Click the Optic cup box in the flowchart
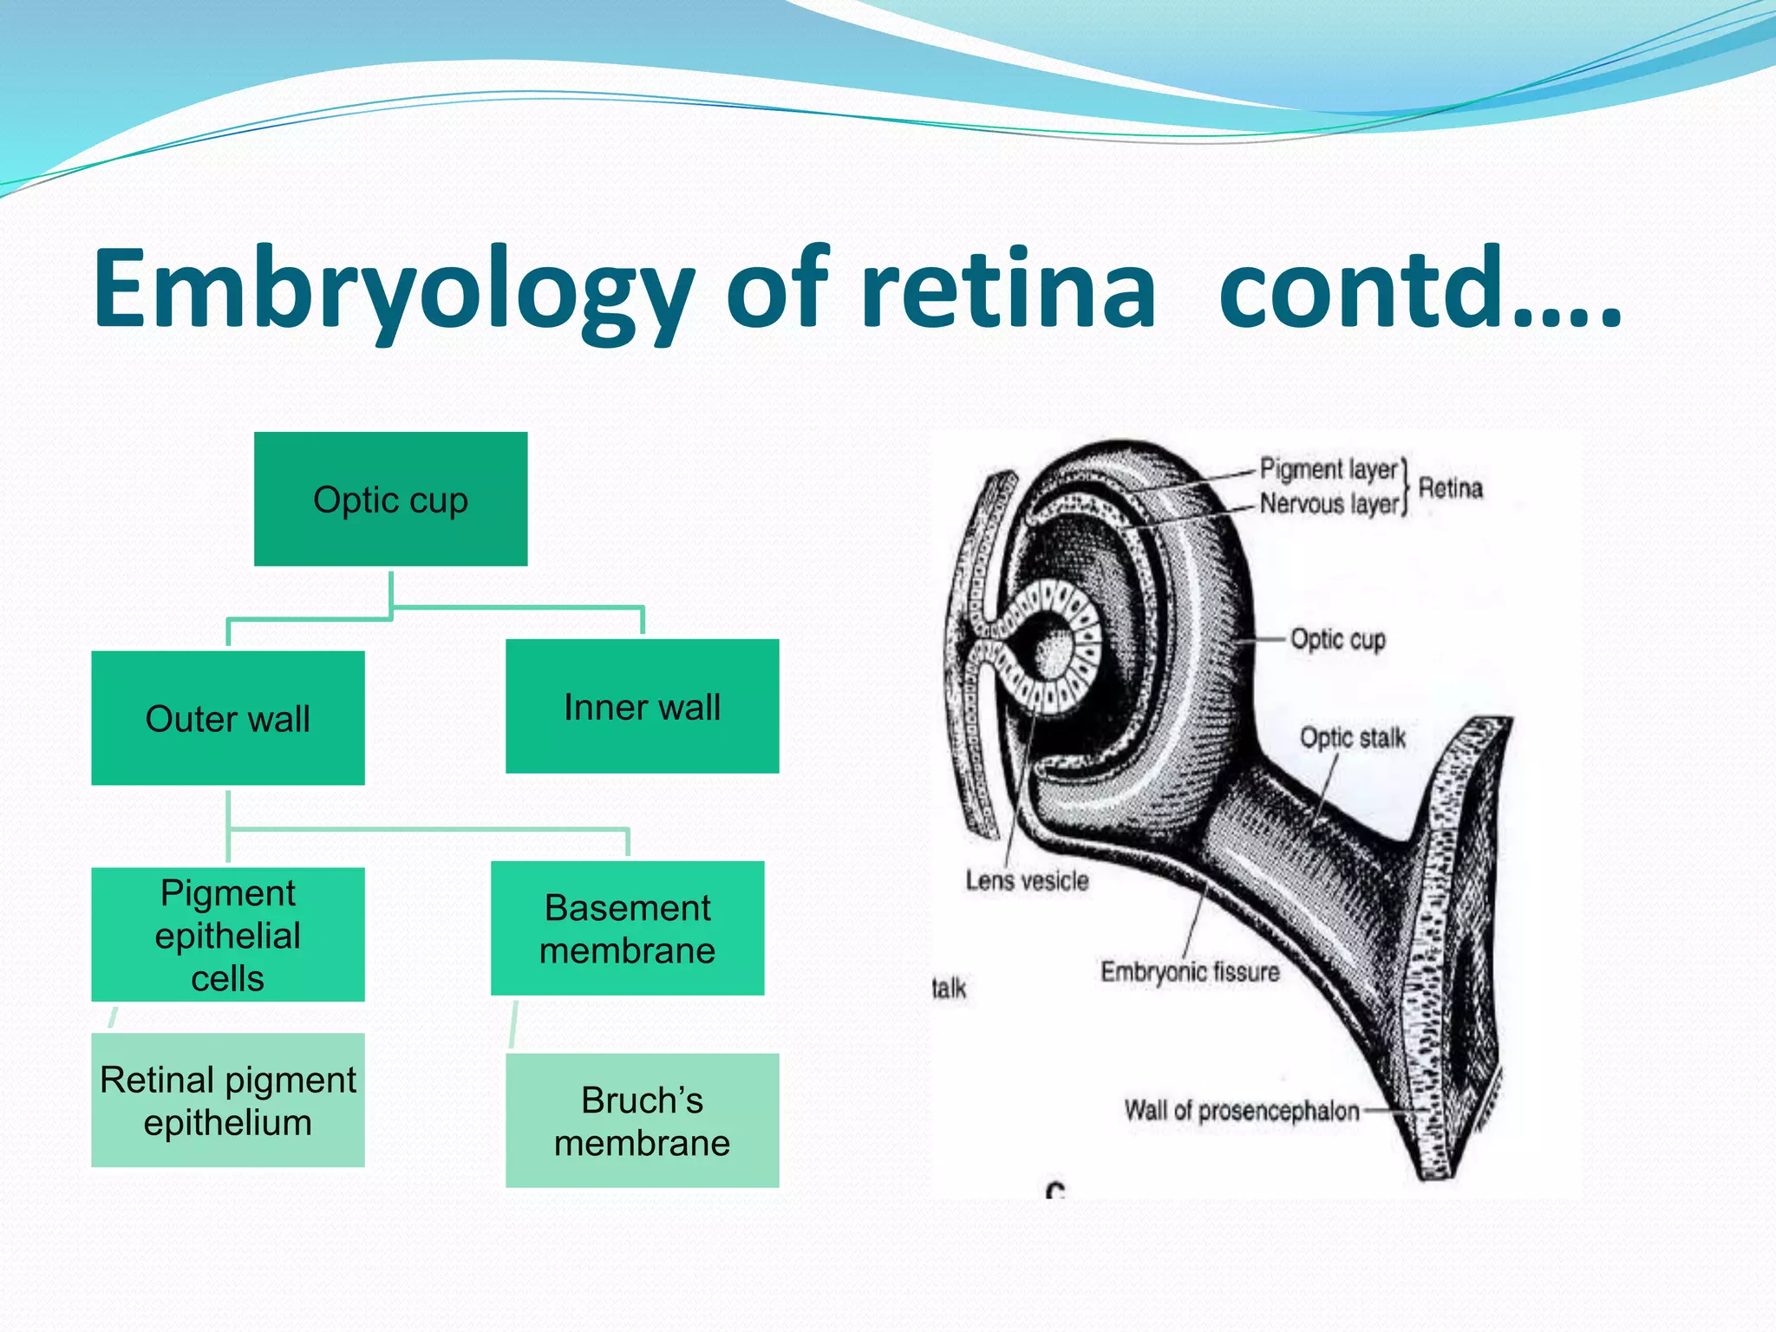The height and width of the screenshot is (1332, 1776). coord(390,499)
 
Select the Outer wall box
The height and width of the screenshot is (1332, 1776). coord(227,718)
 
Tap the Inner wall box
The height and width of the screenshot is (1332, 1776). coord(642,707)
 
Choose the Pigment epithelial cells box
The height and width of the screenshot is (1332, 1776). coord(227,935)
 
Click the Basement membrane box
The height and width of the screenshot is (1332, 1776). coord(627,929)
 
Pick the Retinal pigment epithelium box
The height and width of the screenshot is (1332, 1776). coord(227,1100)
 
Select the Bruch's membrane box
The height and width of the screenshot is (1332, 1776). coord(642,1120)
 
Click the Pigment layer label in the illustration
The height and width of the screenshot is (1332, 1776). coord(1329,469)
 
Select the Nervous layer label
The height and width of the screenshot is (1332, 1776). coord(1329,503)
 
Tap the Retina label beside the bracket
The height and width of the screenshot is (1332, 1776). coord(1450,488)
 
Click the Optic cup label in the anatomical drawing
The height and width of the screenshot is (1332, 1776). coord(1337,639)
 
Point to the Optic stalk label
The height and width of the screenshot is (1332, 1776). coord(1352,738)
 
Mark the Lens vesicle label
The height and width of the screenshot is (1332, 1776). coord(1027,881)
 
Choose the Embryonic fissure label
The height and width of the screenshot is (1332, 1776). coord(1190,972)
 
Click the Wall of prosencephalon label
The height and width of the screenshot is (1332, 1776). coord(1242,1111)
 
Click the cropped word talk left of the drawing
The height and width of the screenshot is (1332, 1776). coord(949,989)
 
